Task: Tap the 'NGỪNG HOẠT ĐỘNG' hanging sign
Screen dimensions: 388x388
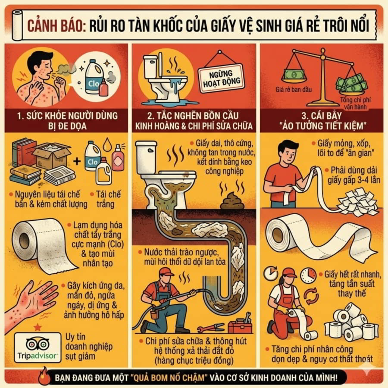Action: (221, 78)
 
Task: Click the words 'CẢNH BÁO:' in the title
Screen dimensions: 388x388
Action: (56, 26)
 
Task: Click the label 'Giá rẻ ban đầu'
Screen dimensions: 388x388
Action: (294, 90)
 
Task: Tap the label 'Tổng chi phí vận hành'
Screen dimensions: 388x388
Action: (355, 103)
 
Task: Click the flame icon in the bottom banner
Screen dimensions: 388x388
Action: (44, 376)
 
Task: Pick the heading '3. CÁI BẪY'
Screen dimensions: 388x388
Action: (322, 116)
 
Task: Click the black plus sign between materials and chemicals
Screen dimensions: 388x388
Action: (77, 161)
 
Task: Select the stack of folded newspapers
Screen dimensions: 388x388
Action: (59, 175)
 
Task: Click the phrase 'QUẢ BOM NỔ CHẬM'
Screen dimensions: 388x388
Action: (169, 378)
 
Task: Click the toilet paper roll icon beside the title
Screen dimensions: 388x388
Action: (17, 26)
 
